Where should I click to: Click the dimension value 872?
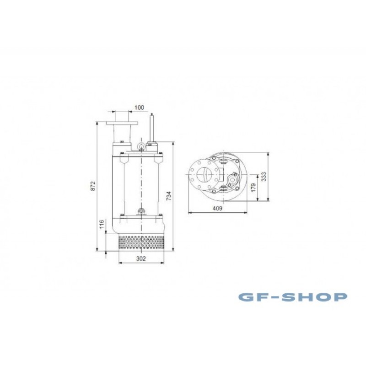tap(93, 186)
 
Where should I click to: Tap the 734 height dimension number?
tap(169, 196)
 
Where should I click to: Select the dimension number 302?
tap(141, 258)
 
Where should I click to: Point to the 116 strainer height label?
tap(102, 224)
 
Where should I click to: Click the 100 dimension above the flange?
tap(140, 108)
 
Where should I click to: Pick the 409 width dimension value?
tap(217, 208)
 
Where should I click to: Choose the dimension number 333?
tap(264, 177)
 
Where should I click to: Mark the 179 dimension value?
tap(253, 188)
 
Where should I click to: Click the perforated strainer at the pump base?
tap(141, 242)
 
